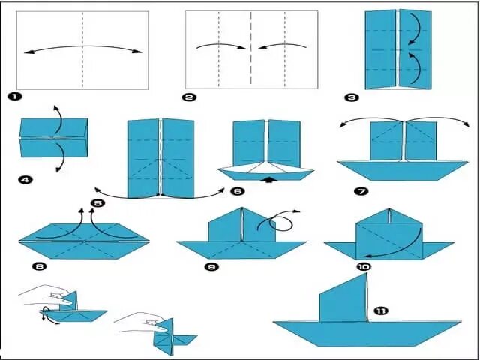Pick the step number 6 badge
point(238,191)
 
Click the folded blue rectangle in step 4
point(54,138)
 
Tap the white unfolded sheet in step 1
point(82,49)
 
